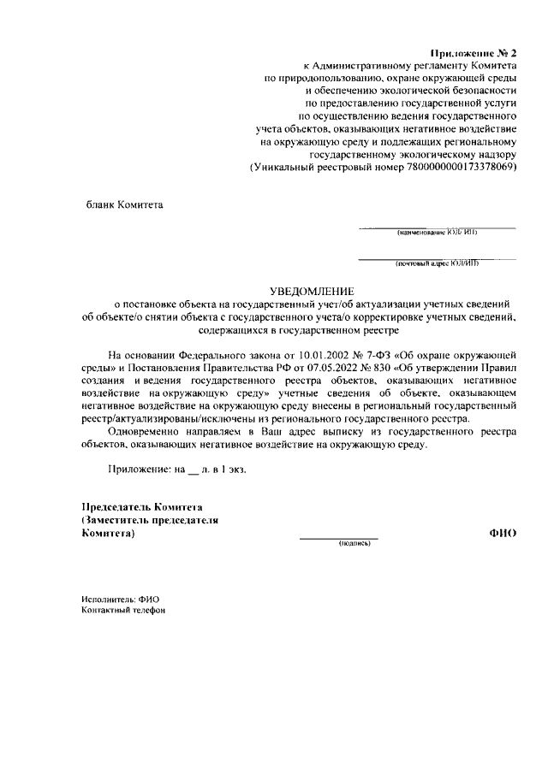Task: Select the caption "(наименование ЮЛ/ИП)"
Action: click(437, 233)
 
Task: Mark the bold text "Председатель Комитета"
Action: click(141, 507)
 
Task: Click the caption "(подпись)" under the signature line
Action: click(354, 543)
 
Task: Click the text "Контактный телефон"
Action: click(123, 611)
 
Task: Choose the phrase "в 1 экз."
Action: click(228, 470)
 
